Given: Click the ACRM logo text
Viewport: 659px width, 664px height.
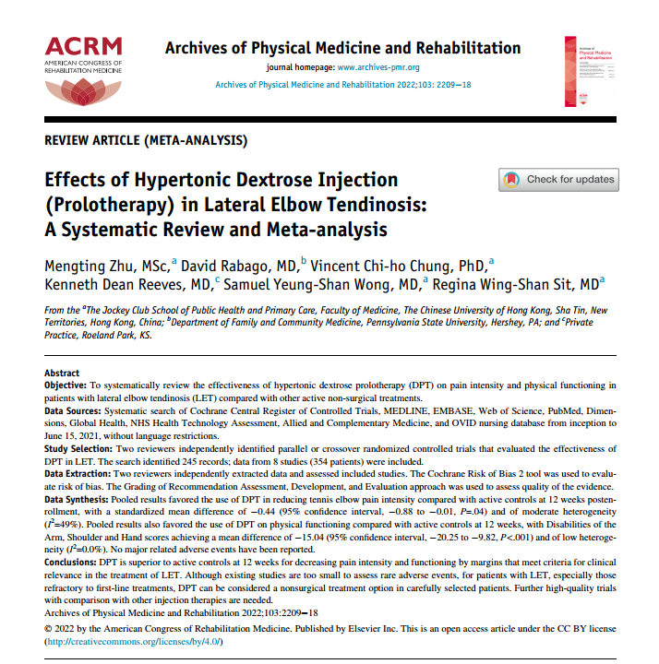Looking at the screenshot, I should pos(82,46).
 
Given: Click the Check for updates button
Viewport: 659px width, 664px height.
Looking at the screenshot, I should pos(559,179).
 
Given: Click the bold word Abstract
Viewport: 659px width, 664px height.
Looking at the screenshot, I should pos(63,373).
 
